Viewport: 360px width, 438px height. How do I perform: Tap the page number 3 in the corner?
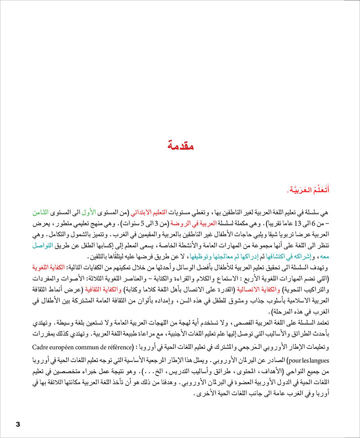18,425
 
